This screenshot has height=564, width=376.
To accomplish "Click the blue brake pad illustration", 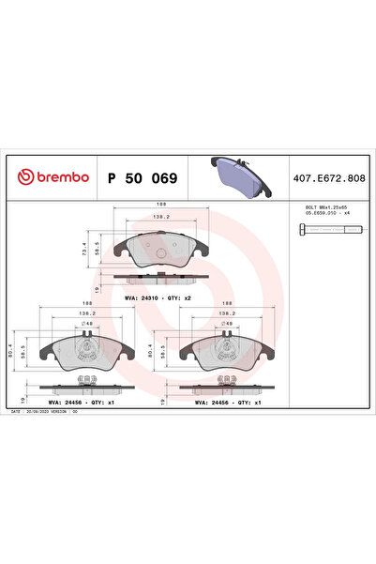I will point(237,174).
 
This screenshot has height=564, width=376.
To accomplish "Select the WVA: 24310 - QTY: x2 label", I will point(158,297).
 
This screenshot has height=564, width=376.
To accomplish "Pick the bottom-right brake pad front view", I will point(226,353).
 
